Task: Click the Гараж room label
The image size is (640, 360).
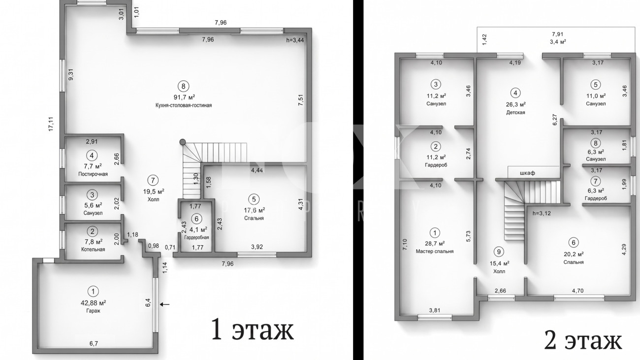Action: click(x=93, y=311)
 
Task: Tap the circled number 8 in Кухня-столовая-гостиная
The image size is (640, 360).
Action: click(x=184, y=86)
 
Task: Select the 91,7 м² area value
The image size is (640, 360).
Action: click(x=184, y=97)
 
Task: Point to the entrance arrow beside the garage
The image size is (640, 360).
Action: click(x=164, y=304)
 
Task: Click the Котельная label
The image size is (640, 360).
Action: click(x=93, y=249)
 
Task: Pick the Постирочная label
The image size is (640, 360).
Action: click(x=93, y=174)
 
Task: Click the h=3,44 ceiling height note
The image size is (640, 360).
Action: click(x=295, y=40)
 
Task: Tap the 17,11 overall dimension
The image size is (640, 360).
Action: click(x=51, y=124)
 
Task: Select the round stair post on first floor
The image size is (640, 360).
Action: click(x=183, y=142)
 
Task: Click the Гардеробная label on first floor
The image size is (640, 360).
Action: click(x=196, y=237)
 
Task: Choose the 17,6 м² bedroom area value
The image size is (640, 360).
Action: click(x=255, y=210)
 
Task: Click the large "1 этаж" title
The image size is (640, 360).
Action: click(x=252, y=329)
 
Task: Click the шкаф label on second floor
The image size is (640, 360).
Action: click(x=527, y=173)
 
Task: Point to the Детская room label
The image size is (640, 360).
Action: click(x=516, y=112)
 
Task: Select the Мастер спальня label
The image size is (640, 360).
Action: click(x=435, y=252)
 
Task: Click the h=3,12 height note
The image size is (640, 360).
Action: click(x=542, y=213)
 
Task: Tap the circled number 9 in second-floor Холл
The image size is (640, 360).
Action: click(x=499, y=252)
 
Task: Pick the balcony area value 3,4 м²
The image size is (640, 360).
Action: click(x=558, y=42)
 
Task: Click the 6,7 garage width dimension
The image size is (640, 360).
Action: click(x=94, y=343)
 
